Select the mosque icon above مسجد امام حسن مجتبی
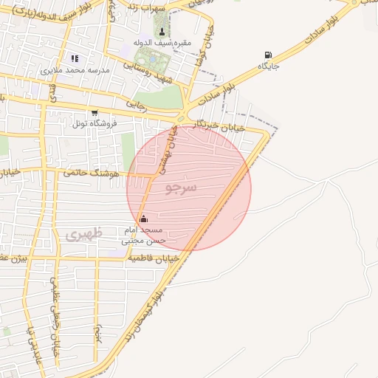pos(143,219)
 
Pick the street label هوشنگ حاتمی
pos(91,173)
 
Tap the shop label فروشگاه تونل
pos(94,123)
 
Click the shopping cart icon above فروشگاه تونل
pos(94,111)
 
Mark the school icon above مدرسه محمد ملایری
pos(74,58)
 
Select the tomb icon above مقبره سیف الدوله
pos(162,31)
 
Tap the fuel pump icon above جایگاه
pos(267,55)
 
